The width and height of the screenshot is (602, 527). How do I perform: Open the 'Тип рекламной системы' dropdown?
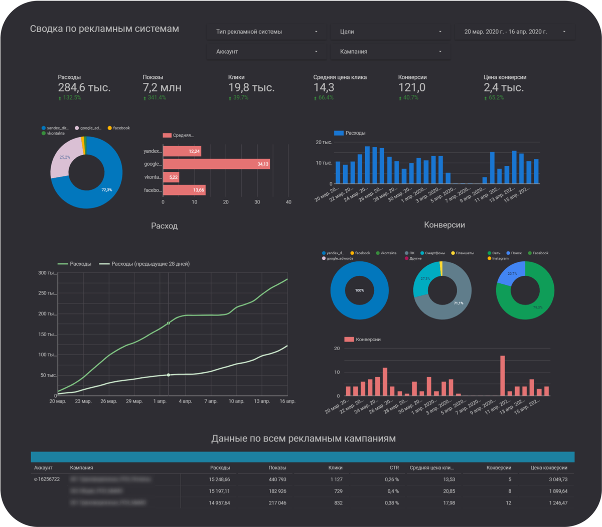[266, 32]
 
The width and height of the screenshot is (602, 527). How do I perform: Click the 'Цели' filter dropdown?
[390, 32]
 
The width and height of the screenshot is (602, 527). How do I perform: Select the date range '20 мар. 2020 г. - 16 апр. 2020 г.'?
[514, 32]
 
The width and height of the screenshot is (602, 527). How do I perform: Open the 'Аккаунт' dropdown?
[266, 52]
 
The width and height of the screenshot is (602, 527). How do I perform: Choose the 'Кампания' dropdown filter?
[390, 52]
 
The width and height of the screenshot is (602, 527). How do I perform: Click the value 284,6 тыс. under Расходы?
[84, 87]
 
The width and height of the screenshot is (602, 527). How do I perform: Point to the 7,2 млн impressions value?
[162, 87]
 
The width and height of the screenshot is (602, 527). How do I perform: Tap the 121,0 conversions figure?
[412, 87]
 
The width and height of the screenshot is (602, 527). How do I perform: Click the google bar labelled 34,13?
[216, 164]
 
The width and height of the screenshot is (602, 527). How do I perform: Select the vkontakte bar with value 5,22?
[171, 177]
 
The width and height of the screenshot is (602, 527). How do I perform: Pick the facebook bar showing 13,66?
[184, 190]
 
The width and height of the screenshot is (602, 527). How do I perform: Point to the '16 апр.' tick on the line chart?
[287, 401]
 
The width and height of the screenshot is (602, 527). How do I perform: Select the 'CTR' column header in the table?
[394, 468]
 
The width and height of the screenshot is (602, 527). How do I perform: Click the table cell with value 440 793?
[277, 479]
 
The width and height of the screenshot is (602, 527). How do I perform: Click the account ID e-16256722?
[47, 479]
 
